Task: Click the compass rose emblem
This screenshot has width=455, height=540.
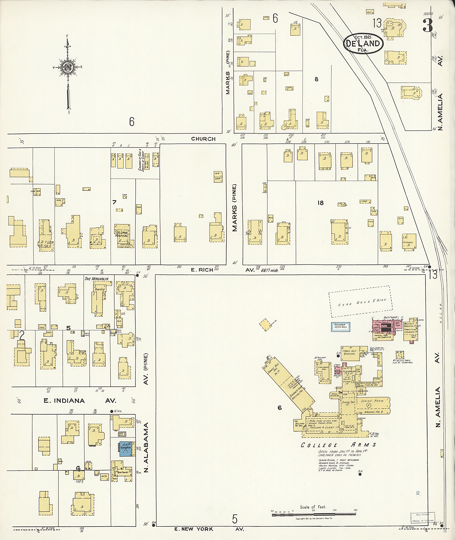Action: point(68,68)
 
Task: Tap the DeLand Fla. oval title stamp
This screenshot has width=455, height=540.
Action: point(363,43)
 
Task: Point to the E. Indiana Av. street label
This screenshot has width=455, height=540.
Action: point(80,401)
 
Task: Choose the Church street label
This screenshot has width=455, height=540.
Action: point(203,139)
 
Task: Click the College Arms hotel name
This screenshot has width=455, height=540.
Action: point(338,445)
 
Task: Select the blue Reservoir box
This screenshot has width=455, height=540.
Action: point(341,327)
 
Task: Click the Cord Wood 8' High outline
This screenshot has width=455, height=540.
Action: point(360,301)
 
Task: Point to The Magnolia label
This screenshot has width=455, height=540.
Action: point(96,279)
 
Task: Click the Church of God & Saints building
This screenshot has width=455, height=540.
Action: point(147,160)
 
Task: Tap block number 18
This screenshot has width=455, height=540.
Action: point(320,203)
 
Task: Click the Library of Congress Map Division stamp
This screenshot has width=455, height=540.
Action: point(423,517)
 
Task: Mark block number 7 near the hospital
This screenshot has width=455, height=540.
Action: point(114,202)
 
